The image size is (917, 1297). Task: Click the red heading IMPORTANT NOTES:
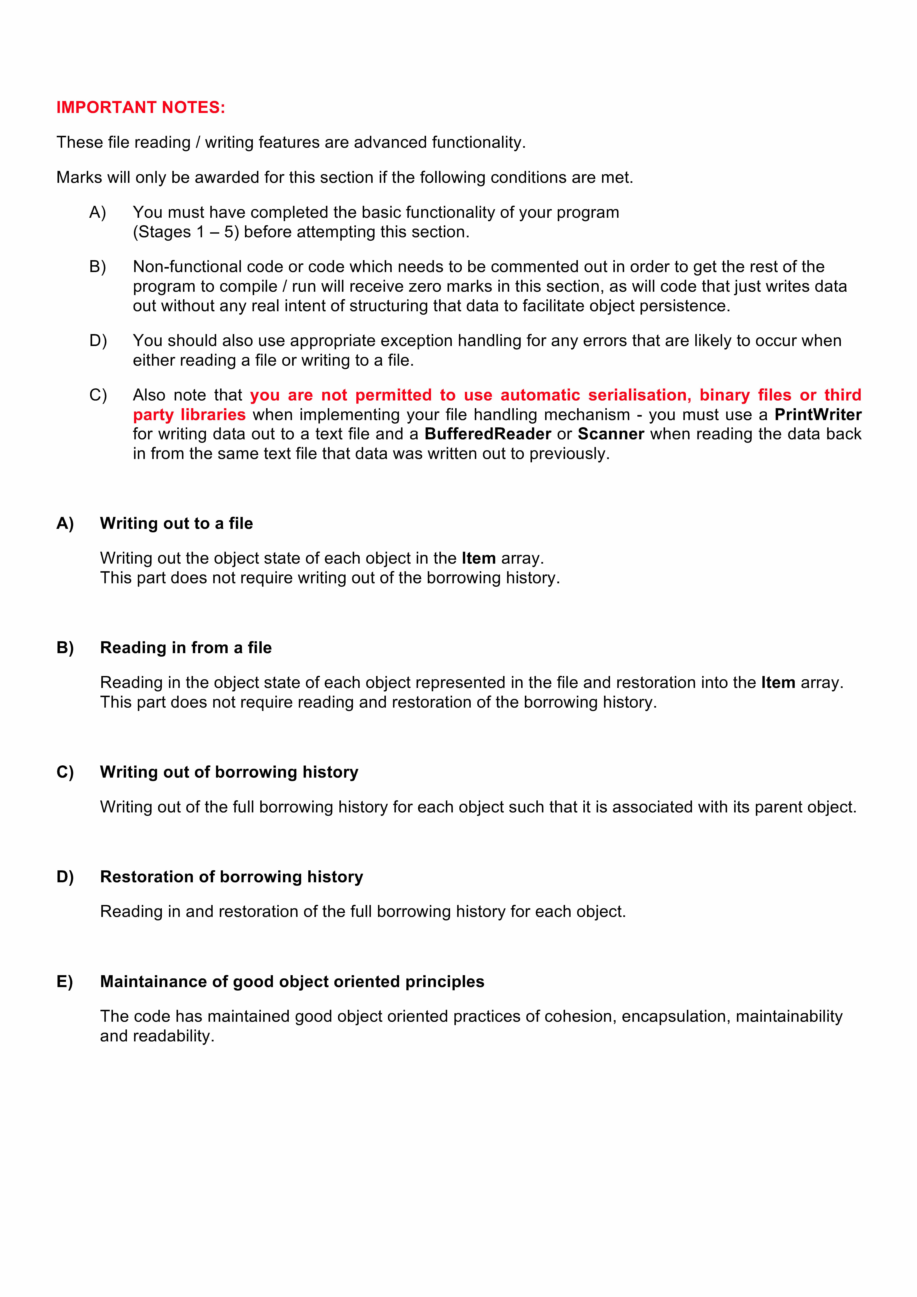141,107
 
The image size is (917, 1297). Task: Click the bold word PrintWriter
818,415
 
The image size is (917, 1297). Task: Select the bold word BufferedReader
488,434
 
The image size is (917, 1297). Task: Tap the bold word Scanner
611,434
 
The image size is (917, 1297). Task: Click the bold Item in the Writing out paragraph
479,558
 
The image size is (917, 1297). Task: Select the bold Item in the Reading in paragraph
778,682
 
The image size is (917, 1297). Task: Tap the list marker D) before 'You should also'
98,341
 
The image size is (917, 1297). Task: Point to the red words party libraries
189,415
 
